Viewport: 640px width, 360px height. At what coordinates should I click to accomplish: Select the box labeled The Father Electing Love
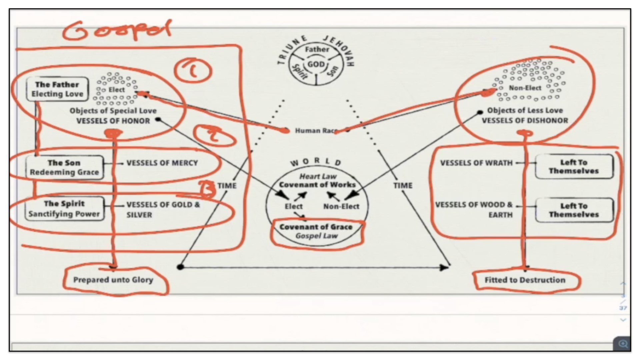point(57,89)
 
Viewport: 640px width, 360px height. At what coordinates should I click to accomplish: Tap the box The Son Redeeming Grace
point(64,167)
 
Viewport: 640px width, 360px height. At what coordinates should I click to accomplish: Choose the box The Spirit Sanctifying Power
point(64,209)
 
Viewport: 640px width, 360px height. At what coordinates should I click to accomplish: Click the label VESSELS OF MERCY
point(162,163)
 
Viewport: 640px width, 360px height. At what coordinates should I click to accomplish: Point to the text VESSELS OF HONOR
point(113,121)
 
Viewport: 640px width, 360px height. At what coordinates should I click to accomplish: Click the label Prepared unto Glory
point(113,280)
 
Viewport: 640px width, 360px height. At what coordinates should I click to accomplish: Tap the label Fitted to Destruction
point(525,280)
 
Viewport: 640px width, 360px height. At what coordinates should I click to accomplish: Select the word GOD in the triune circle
point(316,64)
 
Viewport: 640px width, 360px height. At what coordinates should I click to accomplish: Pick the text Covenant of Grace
point(316,227)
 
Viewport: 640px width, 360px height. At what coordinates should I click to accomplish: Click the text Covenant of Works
point(317,185)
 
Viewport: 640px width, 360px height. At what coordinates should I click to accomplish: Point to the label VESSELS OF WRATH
point(476,163)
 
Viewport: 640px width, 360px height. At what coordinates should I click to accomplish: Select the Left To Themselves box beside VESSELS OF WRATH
point(574,167)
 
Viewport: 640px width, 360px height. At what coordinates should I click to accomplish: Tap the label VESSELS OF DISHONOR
point(525,121)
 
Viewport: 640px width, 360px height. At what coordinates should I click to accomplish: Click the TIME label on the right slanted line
point(403,185)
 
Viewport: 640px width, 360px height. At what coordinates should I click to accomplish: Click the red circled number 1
point(193,71)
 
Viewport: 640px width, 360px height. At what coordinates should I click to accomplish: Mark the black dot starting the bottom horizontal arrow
point(180,267)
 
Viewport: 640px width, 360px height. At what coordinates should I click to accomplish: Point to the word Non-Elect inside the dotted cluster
point(525,88)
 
